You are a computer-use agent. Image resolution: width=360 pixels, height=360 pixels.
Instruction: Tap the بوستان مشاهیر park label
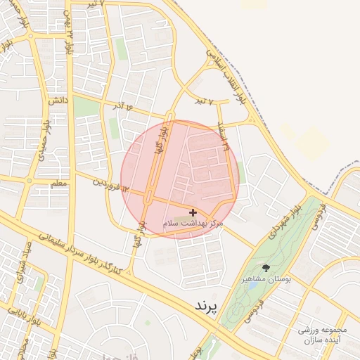click(x=266, y=279)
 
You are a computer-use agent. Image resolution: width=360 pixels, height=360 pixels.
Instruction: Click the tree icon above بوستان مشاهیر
click(x=266, y=268)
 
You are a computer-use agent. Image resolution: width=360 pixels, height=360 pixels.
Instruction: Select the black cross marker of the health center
click(x=193, y=212)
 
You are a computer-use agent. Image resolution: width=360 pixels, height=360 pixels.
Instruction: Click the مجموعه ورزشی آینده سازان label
click(x=323, y=334)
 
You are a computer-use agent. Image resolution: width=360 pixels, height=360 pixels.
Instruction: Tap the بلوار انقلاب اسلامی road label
click(x=227, y=71)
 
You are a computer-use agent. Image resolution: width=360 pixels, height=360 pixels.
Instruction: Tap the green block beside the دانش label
click(x=86, y=107)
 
